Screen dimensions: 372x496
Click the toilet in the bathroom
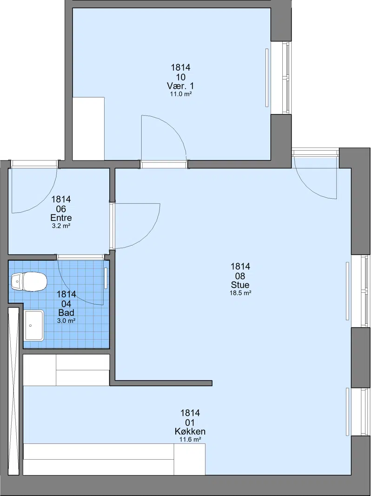29,281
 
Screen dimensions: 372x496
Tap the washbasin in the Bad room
34,325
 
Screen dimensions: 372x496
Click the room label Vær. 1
180,86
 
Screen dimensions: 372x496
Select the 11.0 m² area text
180,94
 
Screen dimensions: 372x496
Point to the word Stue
240,285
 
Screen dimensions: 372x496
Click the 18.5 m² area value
240,293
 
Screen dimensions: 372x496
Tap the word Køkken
190,431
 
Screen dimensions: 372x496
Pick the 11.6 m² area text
190,439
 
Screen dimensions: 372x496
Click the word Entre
61,218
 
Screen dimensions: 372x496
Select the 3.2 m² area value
61,226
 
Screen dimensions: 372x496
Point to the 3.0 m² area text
66,321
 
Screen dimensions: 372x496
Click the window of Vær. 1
286,78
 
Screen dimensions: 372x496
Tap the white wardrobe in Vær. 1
88,129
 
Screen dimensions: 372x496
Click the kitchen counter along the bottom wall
114,459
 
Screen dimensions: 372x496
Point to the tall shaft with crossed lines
13,390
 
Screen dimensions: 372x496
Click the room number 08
240,276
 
